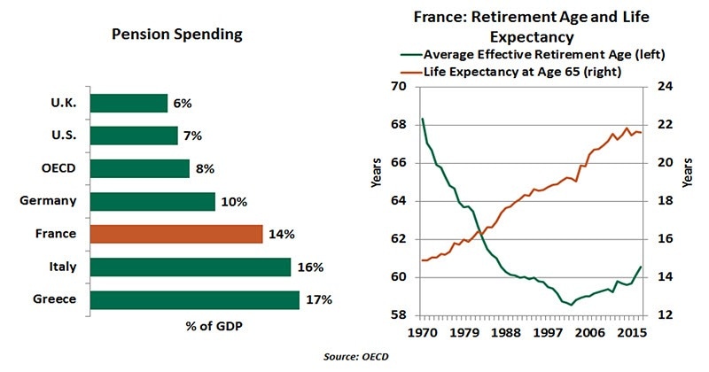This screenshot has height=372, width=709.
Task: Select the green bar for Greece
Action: point(194,299)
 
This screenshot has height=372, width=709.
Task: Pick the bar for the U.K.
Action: point(129,103)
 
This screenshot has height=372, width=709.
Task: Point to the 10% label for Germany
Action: point(234,201)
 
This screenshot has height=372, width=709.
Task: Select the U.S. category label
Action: point(65,136)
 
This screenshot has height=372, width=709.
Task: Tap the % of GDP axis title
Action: point(214,325)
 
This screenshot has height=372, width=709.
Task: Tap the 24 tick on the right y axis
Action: point(663,87)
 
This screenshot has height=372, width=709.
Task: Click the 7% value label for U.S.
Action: point(193,136)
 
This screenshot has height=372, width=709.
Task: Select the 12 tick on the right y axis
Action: point(663,315)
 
